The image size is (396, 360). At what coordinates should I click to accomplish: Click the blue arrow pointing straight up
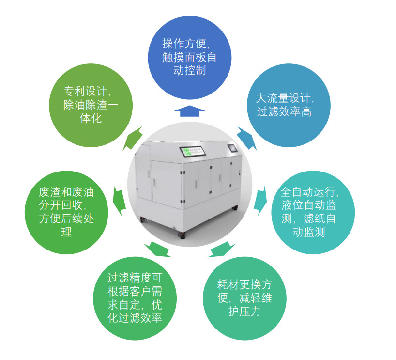pos(189,111)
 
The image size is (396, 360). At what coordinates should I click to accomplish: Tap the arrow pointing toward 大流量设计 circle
pos(247,138)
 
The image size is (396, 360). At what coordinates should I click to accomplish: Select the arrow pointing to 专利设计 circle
pos(133,138)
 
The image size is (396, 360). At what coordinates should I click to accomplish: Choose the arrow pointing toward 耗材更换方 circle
pos(222,249)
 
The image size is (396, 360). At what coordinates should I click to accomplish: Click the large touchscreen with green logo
pos(193,151)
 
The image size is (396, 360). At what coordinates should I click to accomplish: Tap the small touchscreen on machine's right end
pos(232,148)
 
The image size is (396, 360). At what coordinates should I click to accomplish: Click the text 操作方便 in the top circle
pos(184,44)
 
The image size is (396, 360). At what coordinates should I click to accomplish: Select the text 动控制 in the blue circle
pos(189,70)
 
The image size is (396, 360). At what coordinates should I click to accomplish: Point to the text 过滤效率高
pos(284,111)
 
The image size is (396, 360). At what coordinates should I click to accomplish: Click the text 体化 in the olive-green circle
pos(91,118)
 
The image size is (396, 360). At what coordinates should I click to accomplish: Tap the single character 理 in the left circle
pos(66,232)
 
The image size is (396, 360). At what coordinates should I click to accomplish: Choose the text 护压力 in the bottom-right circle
pos(244,311)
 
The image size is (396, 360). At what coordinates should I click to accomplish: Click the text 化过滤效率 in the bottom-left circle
pos(135,318)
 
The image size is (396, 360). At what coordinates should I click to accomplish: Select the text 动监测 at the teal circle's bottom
pos(308,232)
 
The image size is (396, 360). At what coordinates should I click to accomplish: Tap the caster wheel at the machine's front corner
pos(183,235)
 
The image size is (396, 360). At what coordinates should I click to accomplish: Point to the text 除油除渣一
pos(91,105)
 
